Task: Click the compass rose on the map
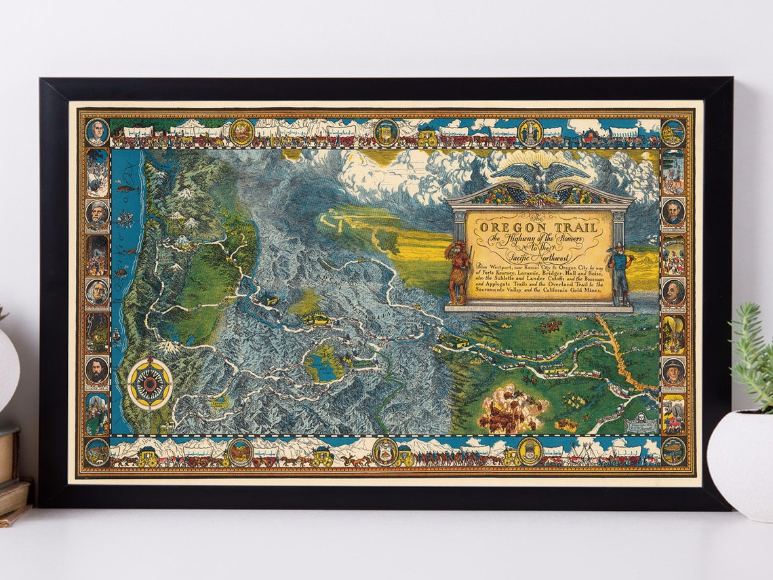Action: pyautogui.click(x=150, y=384)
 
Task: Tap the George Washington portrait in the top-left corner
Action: pyautogui.click(x=97, y=132)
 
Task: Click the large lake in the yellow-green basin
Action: pyautogui.click(x=318, y=365)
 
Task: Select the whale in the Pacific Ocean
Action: pyautogui.click(x=126, y=188)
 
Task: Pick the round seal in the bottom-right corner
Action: pyautogui.click(x=673, y=451)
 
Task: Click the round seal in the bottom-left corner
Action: pyautogui.click(x=97, y=451)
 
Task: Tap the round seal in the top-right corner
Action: pyautogui.click(x=673, y=132)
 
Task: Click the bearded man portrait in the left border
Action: pyautogui.click(x=97, y=369)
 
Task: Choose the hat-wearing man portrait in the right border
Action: pyautogui.click(x=673, y=370)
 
